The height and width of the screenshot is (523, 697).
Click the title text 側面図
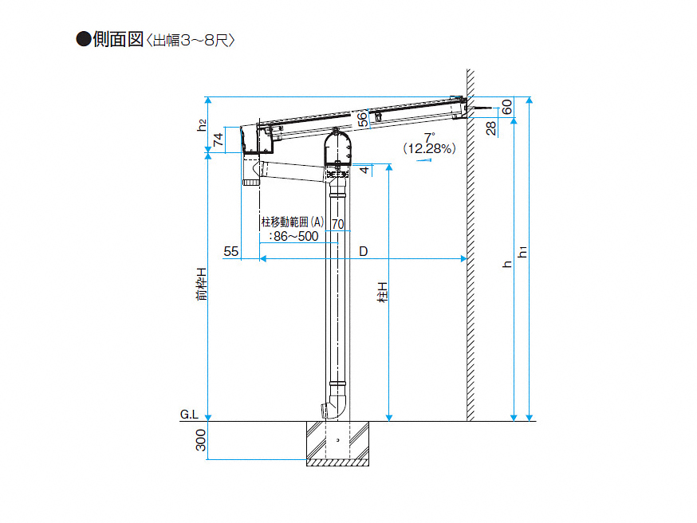tap(118, 40)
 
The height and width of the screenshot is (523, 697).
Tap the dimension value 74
tap(218, 140)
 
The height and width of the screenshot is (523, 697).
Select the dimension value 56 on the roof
tap(363, 119)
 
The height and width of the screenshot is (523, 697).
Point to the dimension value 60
tap(506, 107)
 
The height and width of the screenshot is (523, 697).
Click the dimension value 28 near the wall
tap(490, 128)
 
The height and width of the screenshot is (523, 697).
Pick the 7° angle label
tap(429, 137)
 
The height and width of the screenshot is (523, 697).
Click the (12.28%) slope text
tap(429, 148)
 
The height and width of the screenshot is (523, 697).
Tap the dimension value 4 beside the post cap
tap(364, 170)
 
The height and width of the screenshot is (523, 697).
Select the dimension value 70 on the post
tap(338, 224)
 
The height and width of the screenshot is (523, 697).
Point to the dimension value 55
tap(230, 251)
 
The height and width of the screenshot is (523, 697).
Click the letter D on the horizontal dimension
tap(364, 251)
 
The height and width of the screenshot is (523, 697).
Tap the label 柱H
tap(382, 292)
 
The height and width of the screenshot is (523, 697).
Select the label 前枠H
tap(203, 284)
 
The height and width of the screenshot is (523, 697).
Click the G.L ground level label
tap(189, 415)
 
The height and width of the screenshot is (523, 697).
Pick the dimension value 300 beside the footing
tap(201, 440)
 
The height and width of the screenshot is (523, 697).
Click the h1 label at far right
tap(523, 252)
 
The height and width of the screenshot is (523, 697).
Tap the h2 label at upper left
tap(203, 125)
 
